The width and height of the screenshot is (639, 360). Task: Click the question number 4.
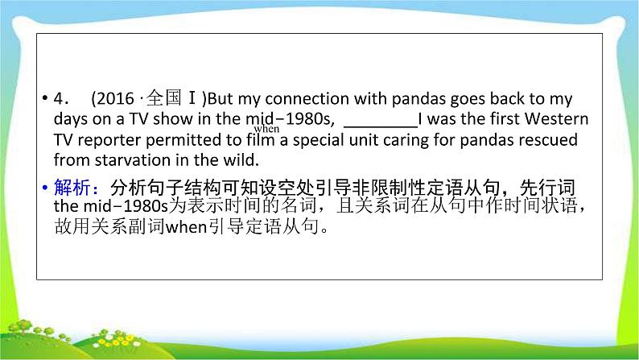tap(60, 99)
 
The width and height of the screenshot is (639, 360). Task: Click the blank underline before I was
tap(381, 126)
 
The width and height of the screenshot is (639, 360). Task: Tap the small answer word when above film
tap(266, 129)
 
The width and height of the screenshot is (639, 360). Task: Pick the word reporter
tap(109, 140)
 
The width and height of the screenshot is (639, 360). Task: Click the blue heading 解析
tap(72, 188)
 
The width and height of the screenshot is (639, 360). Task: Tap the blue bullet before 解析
tap(45, 188)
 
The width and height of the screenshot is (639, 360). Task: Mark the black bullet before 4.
tap(45, 98)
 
